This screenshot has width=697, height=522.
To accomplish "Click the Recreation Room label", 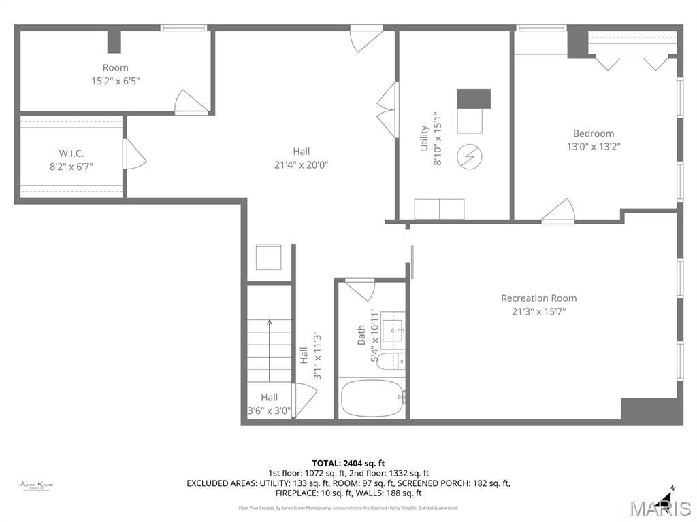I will [x=538, y=298].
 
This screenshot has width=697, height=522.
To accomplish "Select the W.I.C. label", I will [x=71, y=154].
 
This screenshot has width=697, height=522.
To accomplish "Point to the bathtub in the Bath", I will [x=372, y=398].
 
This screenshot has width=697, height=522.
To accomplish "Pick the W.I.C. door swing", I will [x=133, y=154].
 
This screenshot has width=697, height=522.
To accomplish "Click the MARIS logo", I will [x=660, y=506].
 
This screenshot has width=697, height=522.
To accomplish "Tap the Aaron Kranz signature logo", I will [x=36, y=485].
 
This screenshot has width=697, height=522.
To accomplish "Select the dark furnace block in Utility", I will [x=473, y=99].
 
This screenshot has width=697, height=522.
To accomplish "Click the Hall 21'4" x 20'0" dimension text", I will [x=301, y=164].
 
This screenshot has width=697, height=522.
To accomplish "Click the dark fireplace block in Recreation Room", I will [x=651, y=411].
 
